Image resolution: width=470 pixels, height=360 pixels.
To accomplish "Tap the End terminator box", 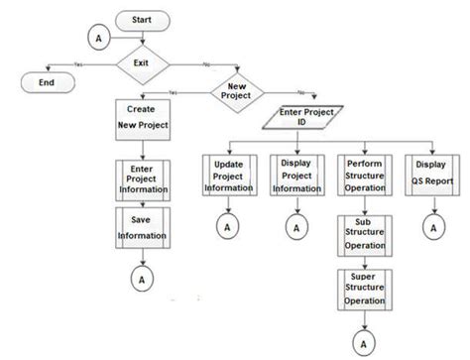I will point(46,83).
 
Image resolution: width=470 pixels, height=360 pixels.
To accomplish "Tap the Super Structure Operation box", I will point(366,288).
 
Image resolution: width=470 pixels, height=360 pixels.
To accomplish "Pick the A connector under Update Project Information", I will point(226,227).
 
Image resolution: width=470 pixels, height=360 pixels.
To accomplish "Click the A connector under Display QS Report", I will point(432,227).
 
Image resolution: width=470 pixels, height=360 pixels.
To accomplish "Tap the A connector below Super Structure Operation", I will point(366,343).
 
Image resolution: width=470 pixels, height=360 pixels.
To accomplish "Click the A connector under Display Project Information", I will point(294,227).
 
